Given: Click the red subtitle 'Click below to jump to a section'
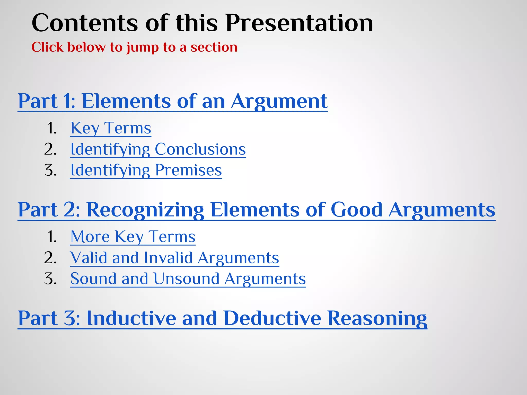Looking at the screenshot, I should (x=134, y=47).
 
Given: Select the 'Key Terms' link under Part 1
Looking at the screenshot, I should (x=111, y=128).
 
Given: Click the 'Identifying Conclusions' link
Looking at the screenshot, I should (x=158, y=149).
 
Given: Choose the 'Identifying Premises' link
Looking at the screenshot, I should (x=146, y=170).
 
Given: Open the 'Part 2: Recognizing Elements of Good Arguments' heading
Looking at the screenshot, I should (x=256, y=210).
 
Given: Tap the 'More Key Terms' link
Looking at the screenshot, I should (x=133, y=237).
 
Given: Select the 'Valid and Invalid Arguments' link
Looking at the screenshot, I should (x=174, y=258).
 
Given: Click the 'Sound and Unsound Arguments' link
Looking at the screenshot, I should (x=188, y=279).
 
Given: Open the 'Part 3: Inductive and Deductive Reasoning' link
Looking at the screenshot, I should (x=222, y=318).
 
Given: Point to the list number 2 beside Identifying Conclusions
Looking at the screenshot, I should (x=50, y=149).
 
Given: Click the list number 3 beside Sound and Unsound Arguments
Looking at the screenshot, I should (x=50, y=279).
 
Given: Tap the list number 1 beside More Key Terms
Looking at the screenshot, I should (x=52, y=237).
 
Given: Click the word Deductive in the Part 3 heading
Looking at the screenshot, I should (x=272, y=318).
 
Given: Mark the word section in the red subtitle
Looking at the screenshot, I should (x=214, y=47).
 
